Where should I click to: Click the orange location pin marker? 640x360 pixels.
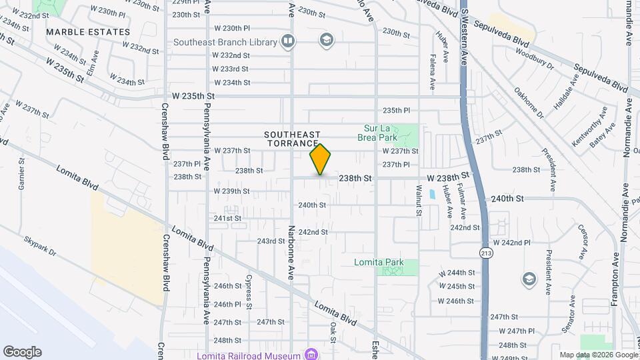(x=321, y=160)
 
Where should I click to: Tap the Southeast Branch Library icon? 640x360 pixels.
(x=288, y=42)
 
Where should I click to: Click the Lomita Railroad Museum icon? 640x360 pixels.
(x=311, y=354)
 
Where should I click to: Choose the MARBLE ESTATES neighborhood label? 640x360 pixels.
(x=88, y=32)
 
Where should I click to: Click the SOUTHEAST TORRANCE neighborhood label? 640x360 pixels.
(x=294, y=139)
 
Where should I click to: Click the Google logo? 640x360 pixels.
(x=22, y=352)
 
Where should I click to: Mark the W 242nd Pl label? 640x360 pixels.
(x=511, y=243)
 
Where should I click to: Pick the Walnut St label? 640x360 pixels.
(x=419, y=201)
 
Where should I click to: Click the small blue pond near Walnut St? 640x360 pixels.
(x=433, y=195)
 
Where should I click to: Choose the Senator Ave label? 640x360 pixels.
(x=569, y=319)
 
